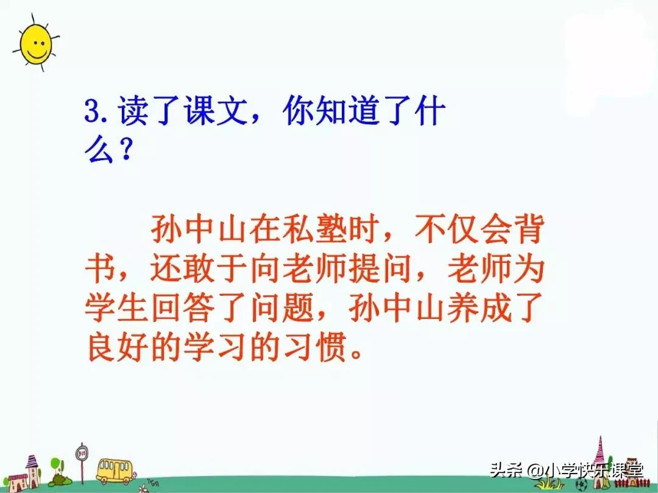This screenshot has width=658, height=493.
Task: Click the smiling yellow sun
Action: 35,44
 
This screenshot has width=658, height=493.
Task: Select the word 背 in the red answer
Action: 525,233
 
